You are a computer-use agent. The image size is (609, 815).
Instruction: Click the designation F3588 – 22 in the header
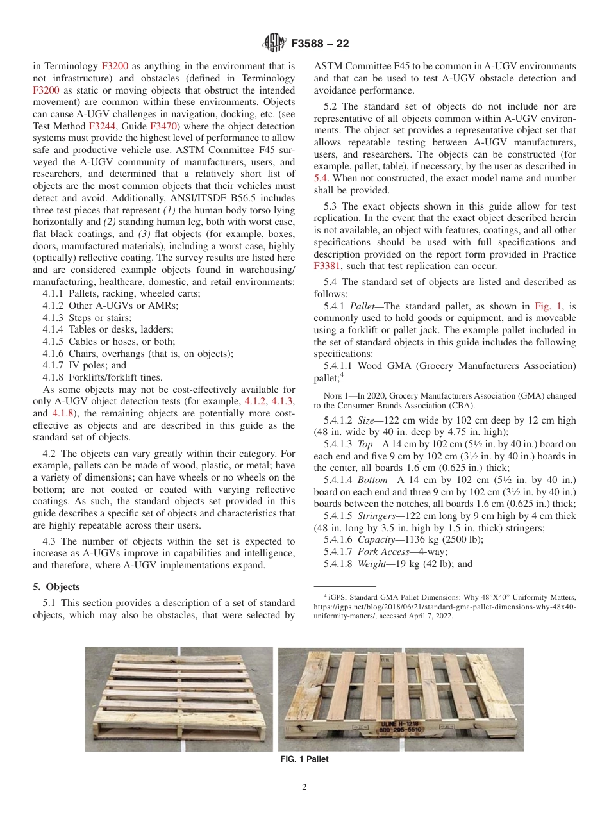coord(320,44)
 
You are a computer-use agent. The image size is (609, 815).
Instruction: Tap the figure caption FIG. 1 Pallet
coord(304,759)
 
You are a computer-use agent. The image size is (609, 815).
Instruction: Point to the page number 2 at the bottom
coord(304,787)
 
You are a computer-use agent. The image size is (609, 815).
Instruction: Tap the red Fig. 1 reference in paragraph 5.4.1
coord(548,307)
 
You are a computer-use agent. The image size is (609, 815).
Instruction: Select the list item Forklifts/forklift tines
coord(103,377)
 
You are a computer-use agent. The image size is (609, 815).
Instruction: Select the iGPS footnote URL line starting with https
coord(444,605)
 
